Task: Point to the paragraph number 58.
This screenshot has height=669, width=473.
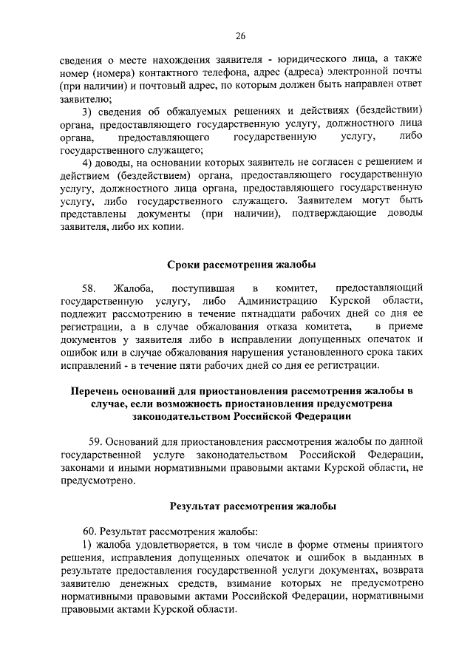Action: (x=89, y=287)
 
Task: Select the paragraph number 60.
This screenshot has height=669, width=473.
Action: (x=89, y=532)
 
